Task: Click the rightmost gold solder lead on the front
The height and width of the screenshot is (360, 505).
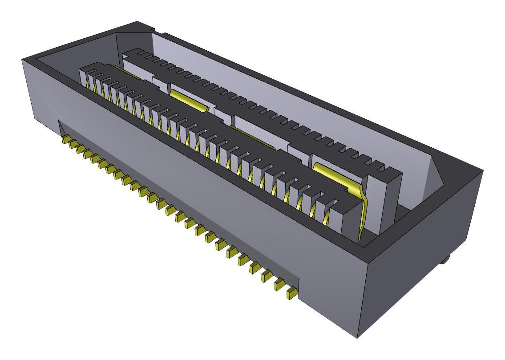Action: [x=292, y=293]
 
